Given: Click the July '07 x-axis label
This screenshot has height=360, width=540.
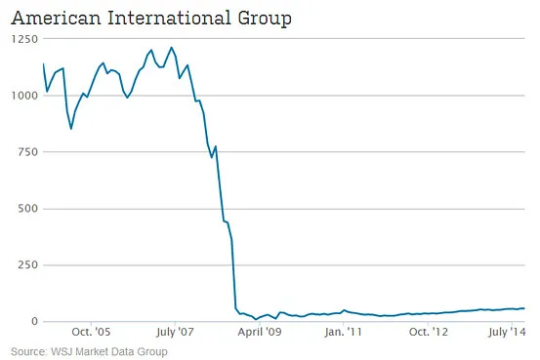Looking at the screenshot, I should [x=173, y=332].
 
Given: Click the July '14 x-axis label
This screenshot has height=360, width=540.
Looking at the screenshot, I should [x=507, y=332].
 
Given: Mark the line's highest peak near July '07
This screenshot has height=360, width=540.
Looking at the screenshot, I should [x=172, y=48].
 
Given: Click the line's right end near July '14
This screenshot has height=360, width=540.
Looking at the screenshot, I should [x=524, y=308].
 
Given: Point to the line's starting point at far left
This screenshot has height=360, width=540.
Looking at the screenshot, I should [x=43, y=64].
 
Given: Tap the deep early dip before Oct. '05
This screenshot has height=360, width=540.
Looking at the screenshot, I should [x=70, y=129].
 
